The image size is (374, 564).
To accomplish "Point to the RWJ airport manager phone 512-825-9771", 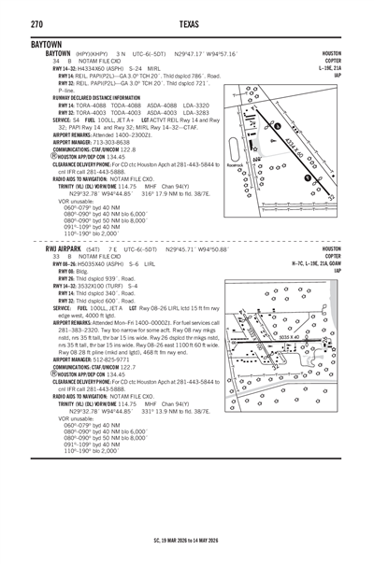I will click(111, 359).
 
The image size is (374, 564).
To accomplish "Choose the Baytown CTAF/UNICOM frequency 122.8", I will click(122, 148).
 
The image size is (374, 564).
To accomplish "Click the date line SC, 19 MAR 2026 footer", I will click(187, 541).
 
